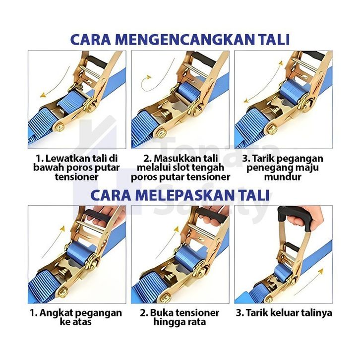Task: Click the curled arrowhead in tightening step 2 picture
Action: [149, 77]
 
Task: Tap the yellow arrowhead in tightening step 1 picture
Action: [43, 95]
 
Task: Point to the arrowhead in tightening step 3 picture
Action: [246, 101]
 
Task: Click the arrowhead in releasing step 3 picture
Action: [320, 271]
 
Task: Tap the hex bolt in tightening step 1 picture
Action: [60, 127]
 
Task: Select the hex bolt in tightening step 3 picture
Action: [273, 130]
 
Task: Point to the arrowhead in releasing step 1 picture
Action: [62, 229]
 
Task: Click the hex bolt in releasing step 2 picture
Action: [166, 298]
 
